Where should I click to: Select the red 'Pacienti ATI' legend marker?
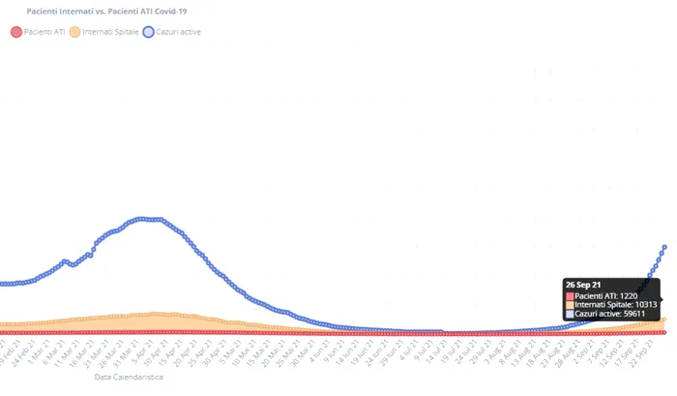15,32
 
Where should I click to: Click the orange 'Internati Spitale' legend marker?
74,32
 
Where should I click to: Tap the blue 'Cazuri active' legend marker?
149,32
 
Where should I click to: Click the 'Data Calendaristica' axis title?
129,377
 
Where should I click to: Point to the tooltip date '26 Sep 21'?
583,285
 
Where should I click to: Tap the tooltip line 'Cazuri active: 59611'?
610,315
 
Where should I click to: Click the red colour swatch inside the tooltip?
571,295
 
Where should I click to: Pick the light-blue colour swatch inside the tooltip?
571,315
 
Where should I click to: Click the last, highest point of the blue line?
664,247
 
